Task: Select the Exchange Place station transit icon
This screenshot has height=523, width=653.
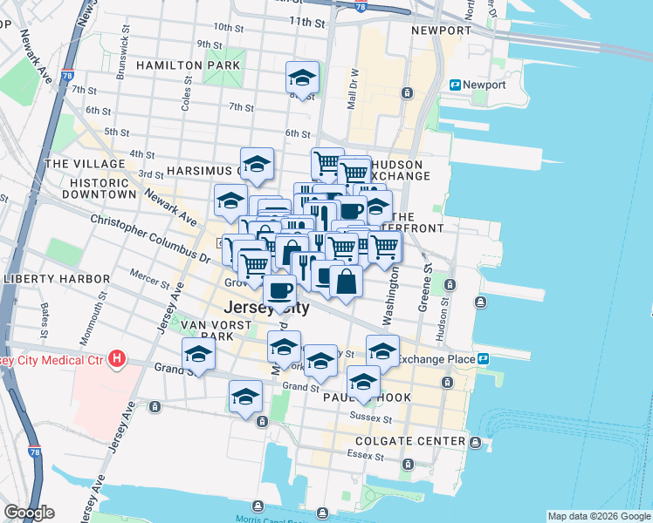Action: click(483, 358)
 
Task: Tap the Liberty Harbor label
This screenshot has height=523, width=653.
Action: click(56, 279)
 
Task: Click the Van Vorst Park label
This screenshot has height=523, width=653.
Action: click(208, 330)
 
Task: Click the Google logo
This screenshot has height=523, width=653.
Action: click(29, 513)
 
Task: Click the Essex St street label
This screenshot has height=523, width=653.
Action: click(359, 454)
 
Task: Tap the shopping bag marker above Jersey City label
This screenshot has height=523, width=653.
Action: click(347, 282)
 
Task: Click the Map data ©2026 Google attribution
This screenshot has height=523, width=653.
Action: click(599, 516)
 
